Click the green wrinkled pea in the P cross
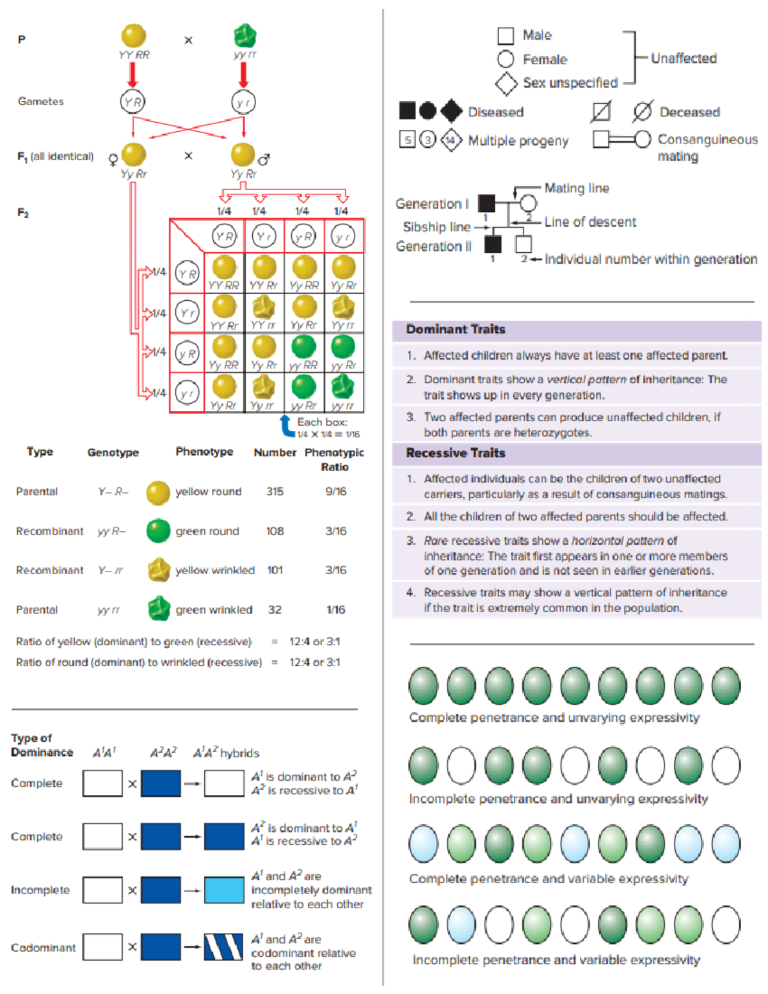point(244,36)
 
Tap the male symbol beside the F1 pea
point(264,159)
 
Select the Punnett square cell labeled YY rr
point(264,313)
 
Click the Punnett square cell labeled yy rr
point(343,392)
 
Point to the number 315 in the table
point(275,492)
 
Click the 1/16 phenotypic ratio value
point(336,610)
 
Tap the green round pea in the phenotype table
point(158,531)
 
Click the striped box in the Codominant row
point(223,947)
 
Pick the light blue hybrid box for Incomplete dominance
point(224,890)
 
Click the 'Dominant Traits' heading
point(456,330)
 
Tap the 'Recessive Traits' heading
point(456,453)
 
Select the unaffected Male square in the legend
point(506,36)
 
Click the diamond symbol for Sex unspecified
point(506,83)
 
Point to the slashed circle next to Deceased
point(642,112)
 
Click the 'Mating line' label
point(577,188)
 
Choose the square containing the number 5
point(408,140)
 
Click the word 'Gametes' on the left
point(41,101)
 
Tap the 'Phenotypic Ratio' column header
point(334,459)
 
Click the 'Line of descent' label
point(590,222)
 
